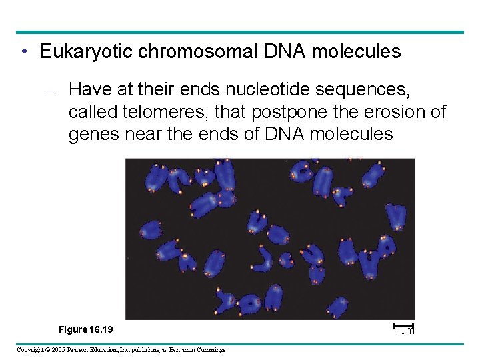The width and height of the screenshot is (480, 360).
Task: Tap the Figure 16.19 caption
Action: pos(86,330)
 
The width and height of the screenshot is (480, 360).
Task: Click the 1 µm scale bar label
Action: pos(403,331)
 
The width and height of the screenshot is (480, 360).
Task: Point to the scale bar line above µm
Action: pos(403,325)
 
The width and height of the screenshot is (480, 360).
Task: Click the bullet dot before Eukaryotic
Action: pos(24,52)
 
